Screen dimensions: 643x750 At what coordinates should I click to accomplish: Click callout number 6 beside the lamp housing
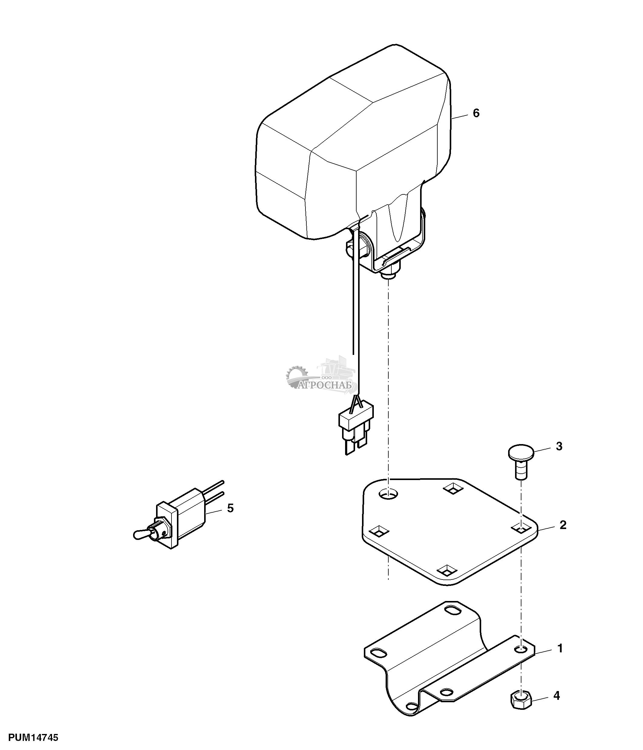476,113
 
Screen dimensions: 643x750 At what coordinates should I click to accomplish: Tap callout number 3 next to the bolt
559,446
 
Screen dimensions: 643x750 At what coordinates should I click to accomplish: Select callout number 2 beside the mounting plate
563,525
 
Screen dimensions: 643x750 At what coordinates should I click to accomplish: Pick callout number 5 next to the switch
230,508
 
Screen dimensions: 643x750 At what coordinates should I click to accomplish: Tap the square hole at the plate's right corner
521,529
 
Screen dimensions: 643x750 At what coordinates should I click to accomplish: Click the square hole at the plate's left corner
379,531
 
